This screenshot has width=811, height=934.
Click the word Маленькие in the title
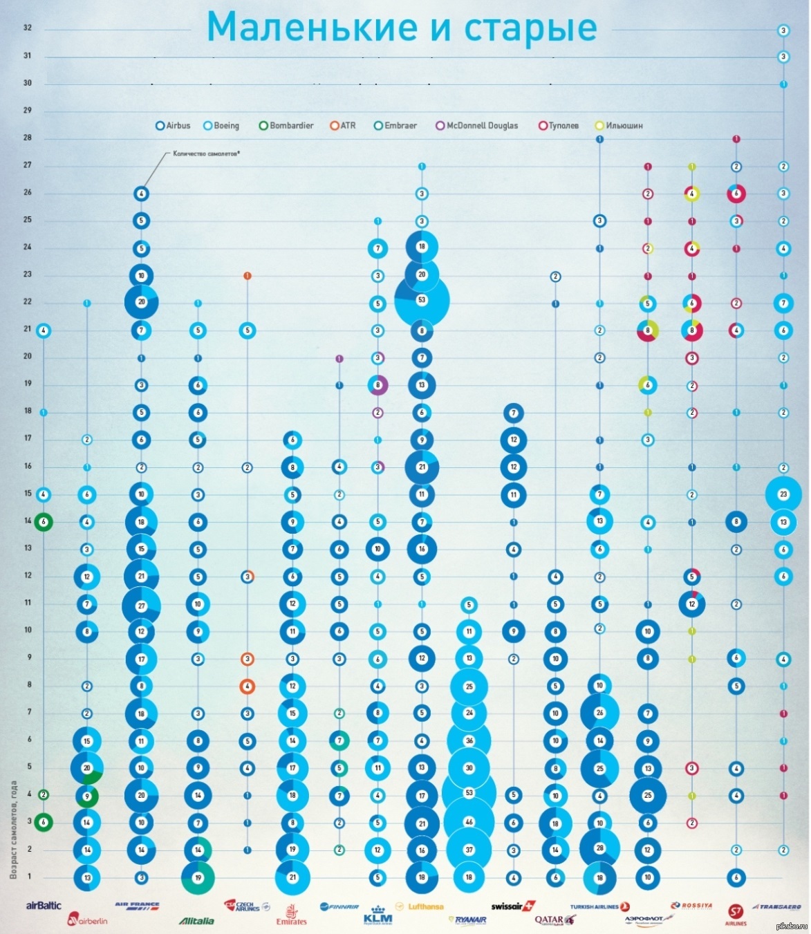tap(312, 28)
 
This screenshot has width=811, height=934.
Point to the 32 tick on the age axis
tap(28, 28)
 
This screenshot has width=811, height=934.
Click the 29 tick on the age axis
tap(28, 110)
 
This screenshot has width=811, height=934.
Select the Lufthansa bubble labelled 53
tap(422, 301)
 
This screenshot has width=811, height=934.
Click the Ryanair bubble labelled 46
tap(469, 822)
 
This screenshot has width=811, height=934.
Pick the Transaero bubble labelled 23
tap(783, 494)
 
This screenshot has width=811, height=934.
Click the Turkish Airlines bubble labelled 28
tap(599, 849)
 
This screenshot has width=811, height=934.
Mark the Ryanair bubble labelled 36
tap(469, 740)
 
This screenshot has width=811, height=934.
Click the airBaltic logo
tap(44, 906)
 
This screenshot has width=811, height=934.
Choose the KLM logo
tap(377, 915)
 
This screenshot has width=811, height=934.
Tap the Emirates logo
tap(291, 915)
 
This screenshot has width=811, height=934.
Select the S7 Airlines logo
tap(736, 914)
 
